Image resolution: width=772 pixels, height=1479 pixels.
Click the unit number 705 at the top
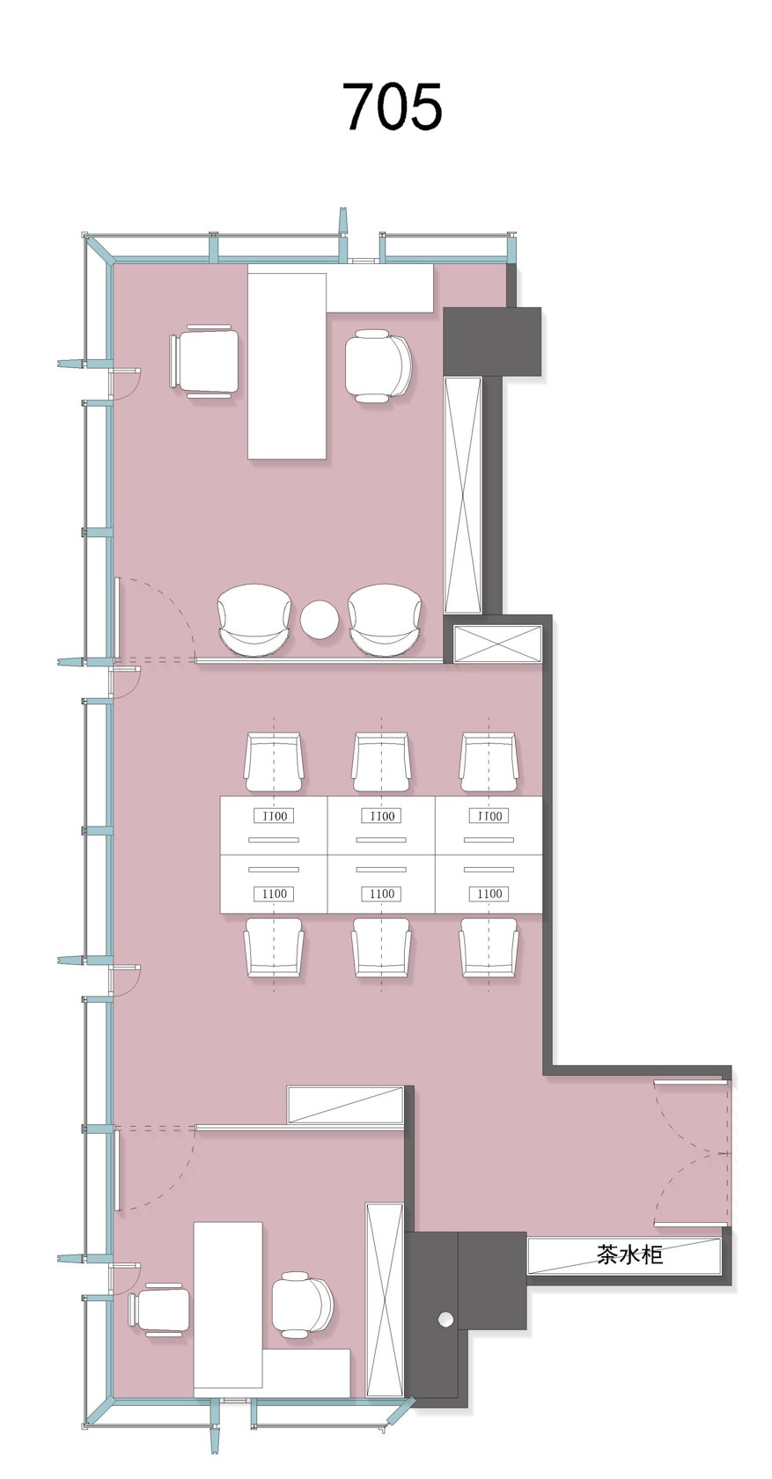[x=393, y=107]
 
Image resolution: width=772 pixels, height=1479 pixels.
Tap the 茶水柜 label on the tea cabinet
[x=629, y=1254]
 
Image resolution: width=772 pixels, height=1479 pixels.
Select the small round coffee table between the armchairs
[x=320, y=619]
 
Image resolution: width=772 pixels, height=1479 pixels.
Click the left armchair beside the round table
[x=254, y=620]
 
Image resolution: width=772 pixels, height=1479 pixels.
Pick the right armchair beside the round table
[x=385, y=620]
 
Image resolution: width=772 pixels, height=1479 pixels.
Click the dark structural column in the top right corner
[x=492, y=341]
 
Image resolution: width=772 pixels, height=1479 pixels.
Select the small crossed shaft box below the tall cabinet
[x=498, y=643]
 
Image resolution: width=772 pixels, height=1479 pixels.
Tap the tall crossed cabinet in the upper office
[x=463, y=495]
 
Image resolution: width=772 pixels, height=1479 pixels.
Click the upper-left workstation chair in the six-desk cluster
[x=274, y=762]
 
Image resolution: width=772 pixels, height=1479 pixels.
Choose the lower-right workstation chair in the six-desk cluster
[x=489, y=947]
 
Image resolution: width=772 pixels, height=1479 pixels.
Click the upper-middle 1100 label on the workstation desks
[x=382, y=816]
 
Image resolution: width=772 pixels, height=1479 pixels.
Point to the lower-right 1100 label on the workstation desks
[x=489, y=894]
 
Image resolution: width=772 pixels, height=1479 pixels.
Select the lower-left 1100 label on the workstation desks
[x=274, y=894]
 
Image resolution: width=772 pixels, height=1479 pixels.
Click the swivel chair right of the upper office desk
[x=379, y=366]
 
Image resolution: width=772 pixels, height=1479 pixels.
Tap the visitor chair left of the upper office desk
[x=203, y=361]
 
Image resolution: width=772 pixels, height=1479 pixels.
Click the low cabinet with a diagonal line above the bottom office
[x=345, y=1103]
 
